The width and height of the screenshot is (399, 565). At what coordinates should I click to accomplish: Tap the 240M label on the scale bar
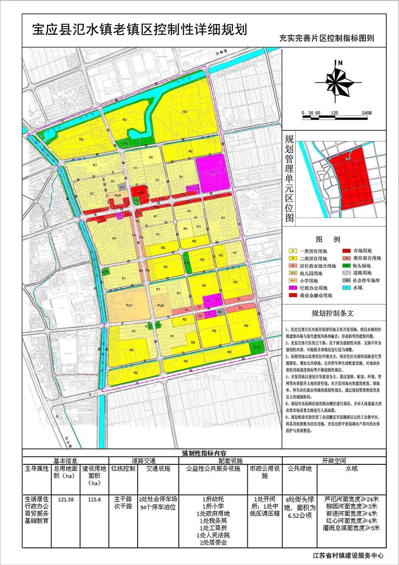pos(367,113)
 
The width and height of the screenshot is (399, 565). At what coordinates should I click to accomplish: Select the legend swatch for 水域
pos(347,287)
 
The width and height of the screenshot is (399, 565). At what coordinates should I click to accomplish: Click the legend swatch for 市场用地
pos(347,251)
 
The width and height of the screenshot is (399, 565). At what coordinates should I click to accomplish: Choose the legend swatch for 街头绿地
pos(347,266)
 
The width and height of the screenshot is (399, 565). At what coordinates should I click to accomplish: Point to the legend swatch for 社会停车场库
pos(347,280)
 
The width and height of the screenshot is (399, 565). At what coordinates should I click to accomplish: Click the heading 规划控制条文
pos(332,314)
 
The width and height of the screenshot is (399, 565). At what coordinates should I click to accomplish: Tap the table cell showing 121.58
pos(66,500)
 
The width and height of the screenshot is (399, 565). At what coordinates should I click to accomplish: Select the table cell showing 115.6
pos(94,500)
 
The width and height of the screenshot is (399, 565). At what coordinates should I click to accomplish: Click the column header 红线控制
pos(123,468)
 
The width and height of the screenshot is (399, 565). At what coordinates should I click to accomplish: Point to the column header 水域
pos(352,468)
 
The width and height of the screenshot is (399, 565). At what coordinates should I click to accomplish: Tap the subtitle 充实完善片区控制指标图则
pos(326,39)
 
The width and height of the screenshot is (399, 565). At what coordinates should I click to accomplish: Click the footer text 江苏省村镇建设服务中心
pos(349,555)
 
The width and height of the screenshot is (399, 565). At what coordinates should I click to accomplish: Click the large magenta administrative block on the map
pos(211,172)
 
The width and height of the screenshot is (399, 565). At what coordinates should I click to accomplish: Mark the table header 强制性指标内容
pos(204,453)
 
